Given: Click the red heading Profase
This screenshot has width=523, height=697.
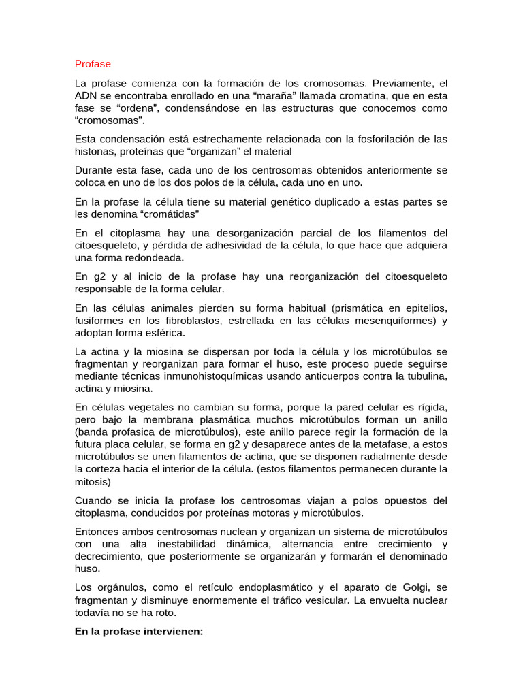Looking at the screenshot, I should (93, 64).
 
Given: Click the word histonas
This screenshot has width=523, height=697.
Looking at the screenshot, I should (95, 151).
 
